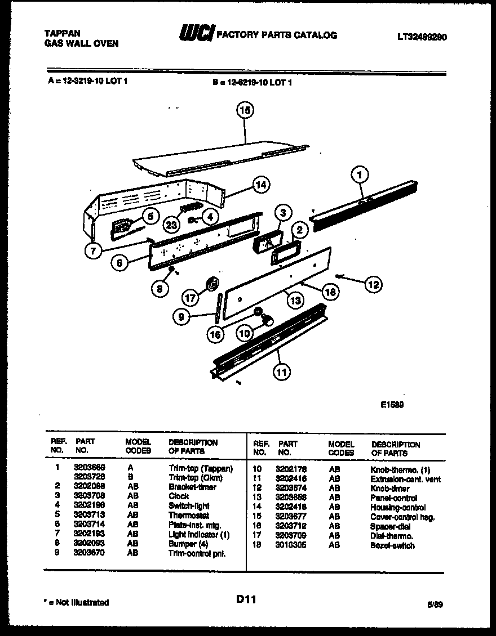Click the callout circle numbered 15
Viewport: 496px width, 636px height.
[x=245, y=111]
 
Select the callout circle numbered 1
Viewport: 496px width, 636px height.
[x=360, y=175]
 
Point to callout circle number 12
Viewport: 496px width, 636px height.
[x=373, y=284]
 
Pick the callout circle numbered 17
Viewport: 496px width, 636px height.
[x=192, y=297]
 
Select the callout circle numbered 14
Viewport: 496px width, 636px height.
[x=260, y=184]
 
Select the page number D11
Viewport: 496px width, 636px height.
[x=246, y=600]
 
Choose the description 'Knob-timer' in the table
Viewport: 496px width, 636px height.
[x=390, y=489]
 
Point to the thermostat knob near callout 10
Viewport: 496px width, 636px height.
[x=269, y=321]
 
